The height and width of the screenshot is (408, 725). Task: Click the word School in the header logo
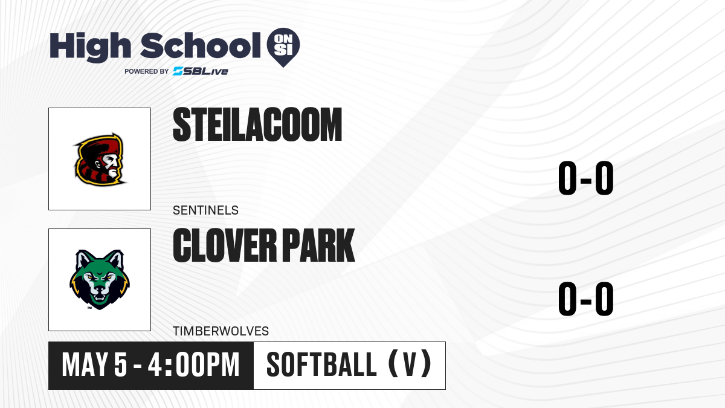click(x=201, y=45)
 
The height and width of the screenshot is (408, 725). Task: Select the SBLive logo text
click(x=201, y=71)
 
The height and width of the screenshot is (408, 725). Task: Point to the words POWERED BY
click(x=147, y=71)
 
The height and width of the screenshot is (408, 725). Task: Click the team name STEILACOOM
click(x=257, y=125)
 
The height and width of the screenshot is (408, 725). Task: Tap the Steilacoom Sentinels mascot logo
click(x=100, y=160)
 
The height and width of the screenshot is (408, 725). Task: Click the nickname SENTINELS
click(x=205, y=210)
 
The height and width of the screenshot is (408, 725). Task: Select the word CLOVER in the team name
click(x=225, y=245)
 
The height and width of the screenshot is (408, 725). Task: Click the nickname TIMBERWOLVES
click(x=221, y=331)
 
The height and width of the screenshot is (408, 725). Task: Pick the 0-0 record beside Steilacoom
click(x=586, y=178)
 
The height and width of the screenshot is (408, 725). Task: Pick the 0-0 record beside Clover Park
click(x=586, y=299)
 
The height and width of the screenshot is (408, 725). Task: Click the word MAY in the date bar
click(x=85, y=365)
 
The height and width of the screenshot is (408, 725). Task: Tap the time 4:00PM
click(x=193, y=365)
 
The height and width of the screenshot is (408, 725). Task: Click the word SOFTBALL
click(x=321, y=365)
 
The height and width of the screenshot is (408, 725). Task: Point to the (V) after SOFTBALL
click(x=410, y=365)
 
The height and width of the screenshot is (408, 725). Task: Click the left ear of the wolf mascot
click(x=83, y=259)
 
